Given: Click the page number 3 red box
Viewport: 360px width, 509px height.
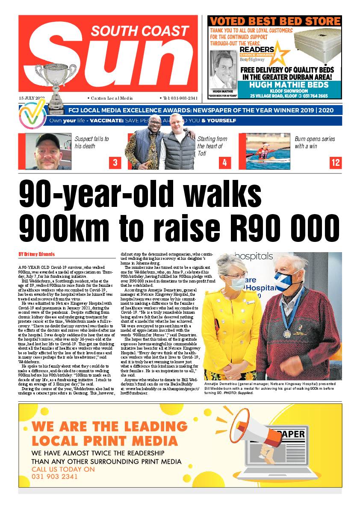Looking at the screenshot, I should coord(115,163).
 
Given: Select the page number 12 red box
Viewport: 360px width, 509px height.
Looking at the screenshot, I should coord(336,163).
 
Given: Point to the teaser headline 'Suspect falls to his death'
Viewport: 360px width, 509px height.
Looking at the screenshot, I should coord(91,142).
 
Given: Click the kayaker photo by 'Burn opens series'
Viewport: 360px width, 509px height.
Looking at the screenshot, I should coord(268,152).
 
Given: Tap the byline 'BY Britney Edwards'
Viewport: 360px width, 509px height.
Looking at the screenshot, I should coord(37,254).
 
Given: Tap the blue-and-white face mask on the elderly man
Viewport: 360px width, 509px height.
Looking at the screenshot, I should coord(289,278).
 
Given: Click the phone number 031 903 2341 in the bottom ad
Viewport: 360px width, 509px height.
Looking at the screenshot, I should coord(55,477).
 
